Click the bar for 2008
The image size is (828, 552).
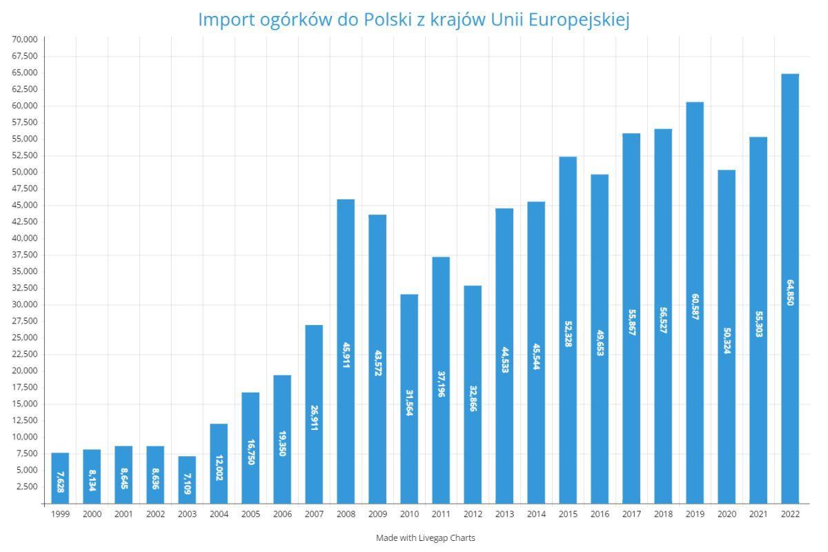pos(346,352)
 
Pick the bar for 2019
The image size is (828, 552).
pos(695,303)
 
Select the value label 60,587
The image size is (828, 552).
pos(695,306)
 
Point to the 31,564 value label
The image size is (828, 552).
pos(409,403)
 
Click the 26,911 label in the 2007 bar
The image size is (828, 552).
pos(314,418)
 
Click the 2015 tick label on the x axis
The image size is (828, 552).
pos(568,514)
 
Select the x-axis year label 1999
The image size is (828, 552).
pos(60,514)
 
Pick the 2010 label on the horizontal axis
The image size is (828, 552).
pos(409,514)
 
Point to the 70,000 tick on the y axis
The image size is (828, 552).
pos(25,39)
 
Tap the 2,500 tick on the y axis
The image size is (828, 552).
pos(27,486)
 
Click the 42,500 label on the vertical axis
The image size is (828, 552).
pos(25,221)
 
